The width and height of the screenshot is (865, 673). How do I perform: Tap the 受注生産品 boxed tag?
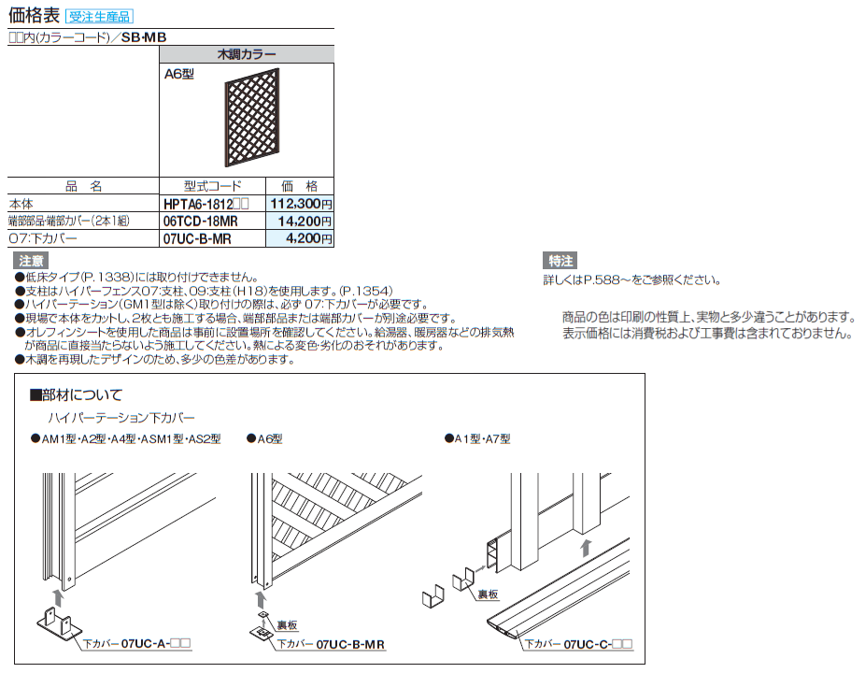[x=101, y=16]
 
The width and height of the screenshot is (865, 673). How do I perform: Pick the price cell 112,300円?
[x=300, y=203]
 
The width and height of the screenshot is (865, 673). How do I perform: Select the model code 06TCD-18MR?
[x=200, y=221]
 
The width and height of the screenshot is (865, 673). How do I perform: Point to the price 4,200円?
[x=308, y=238]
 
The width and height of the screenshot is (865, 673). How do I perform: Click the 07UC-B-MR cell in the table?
[x=196, y=238]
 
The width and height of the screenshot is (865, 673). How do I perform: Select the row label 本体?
[x=21, y=203]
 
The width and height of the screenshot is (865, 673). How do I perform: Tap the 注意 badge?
[x=32, y=261]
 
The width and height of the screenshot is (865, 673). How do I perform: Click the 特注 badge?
[x=561, y=261]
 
